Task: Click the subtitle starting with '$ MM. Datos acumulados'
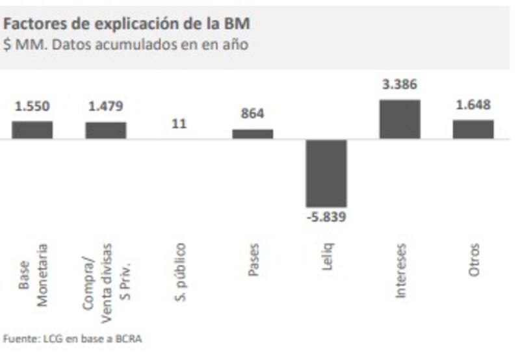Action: pyautogui.click(x=125, y=45)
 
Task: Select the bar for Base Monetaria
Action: pyautogui.click(x=32, y=130)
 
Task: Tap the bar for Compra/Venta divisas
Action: pyautogui.click(x=105, y=131)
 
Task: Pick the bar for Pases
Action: pyautogui.click(x=253, y=134)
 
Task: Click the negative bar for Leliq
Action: pyautogui.click(x=326, y=173)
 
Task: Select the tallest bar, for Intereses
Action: pyautogui.click(x=400, y=119)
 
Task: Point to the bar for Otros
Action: pyautogui.click(x=473, y=129)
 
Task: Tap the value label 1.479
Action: pyautogui.click(x=105, y=107)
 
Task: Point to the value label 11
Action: pyautogui.click(x=179, y=123)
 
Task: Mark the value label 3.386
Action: pyautogui.click(x=400, y=84)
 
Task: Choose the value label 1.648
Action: pyautogui.click(x=473, y=105)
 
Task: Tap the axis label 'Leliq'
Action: pyautogui.click(x=327, y=257)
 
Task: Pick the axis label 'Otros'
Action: pyautogui.click(x=474, y=260)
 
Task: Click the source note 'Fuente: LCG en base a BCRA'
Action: pyautogui.click(x=73, y=339)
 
